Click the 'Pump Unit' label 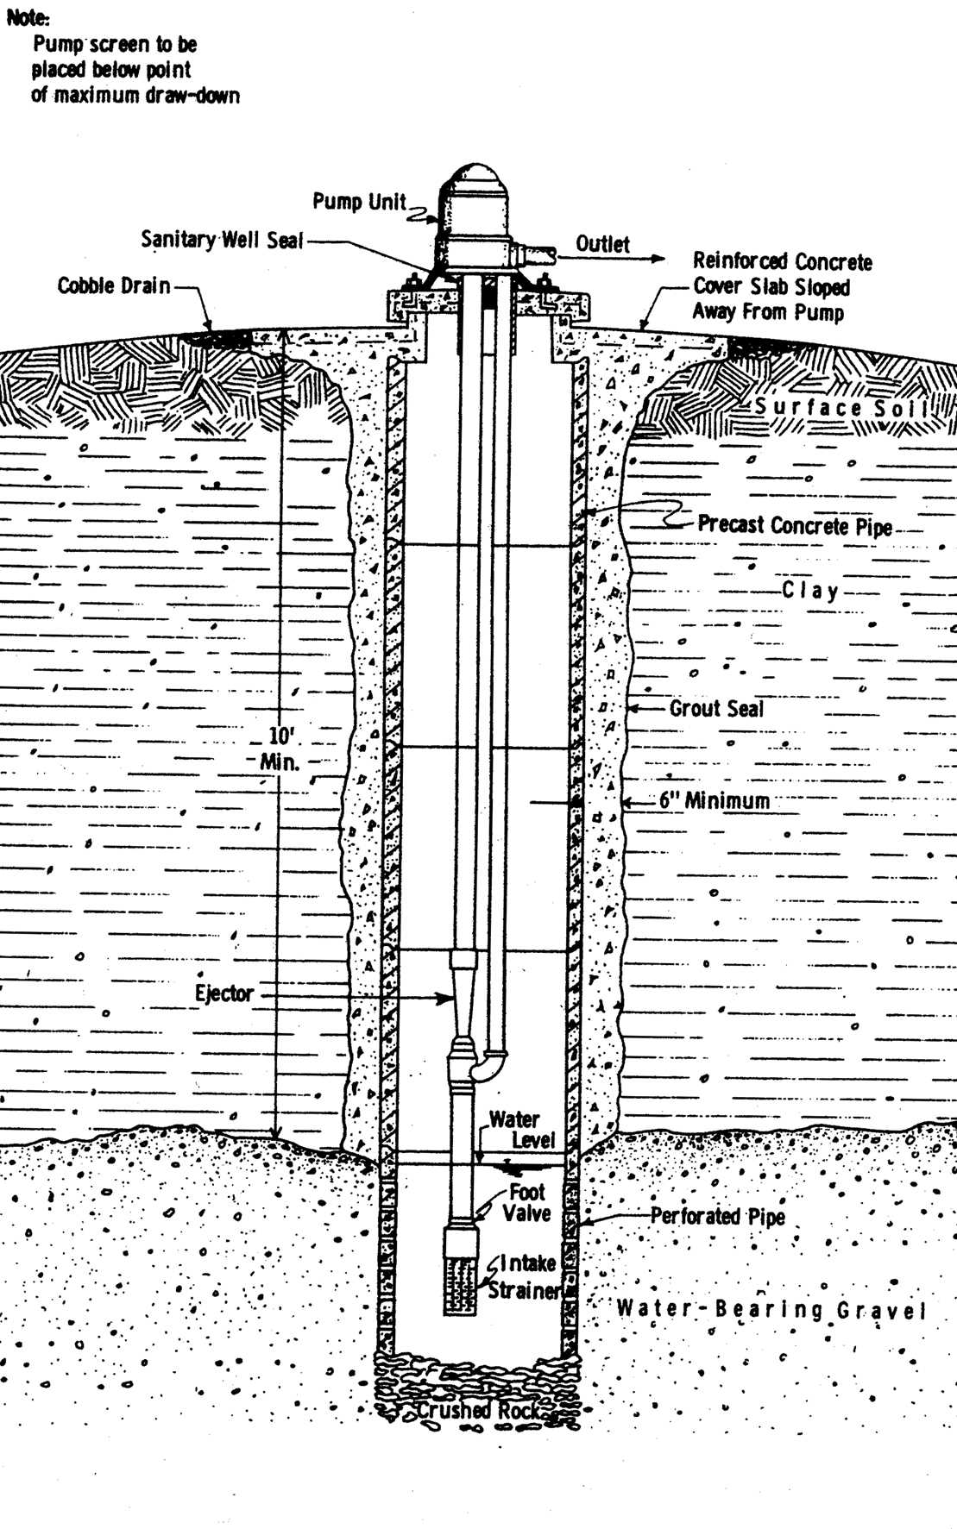click(x=358, y=202)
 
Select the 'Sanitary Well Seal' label click(x=222, y=240)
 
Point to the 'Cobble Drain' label click(x=113, y=285)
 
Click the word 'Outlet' click(x=602, y=244)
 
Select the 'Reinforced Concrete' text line click(x=782, y=261)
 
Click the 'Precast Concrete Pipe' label click(x=794, y=525)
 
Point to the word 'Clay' click(x=809, y=591)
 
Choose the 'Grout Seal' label click(x=715, y=709)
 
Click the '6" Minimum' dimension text click(x=714, y=801)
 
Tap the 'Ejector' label click(x=224, y=993)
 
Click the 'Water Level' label click(x=521, y=1130)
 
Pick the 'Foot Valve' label click(x=526, y=1203)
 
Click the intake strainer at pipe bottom click(x=462, y=1284)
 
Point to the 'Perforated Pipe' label click(x=717, y=1216)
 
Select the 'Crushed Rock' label click(x=479, y=1411)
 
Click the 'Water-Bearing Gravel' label click(x=771, y=1309)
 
